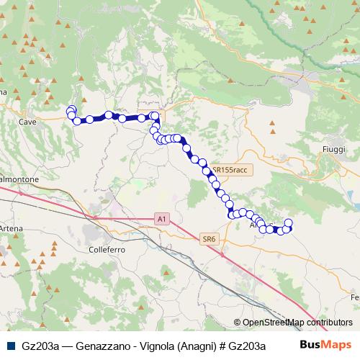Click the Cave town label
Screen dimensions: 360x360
[x=27, y=122]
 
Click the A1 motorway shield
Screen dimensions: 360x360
[x=163, y=217]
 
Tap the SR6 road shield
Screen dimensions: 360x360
[x=209, y=239]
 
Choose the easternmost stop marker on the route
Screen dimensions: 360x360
[x=289, y=223]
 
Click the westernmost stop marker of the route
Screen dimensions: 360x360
[x=71, y=111]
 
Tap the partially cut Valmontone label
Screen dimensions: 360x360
[x=14, y=178]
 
